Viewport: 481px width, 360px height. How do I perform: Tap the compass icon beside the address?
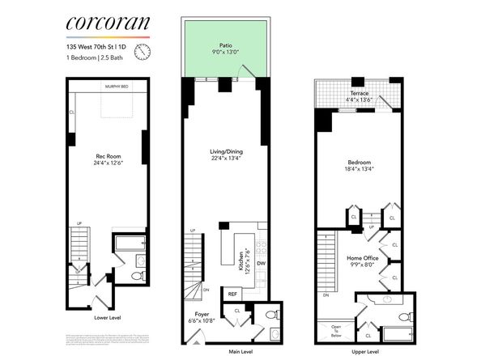tap(143, 53)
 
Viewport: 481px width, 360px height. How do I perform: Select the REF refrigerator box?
tap(232, 294)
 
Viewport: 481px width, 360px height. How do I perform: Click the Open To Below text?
tap(335, 329)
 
